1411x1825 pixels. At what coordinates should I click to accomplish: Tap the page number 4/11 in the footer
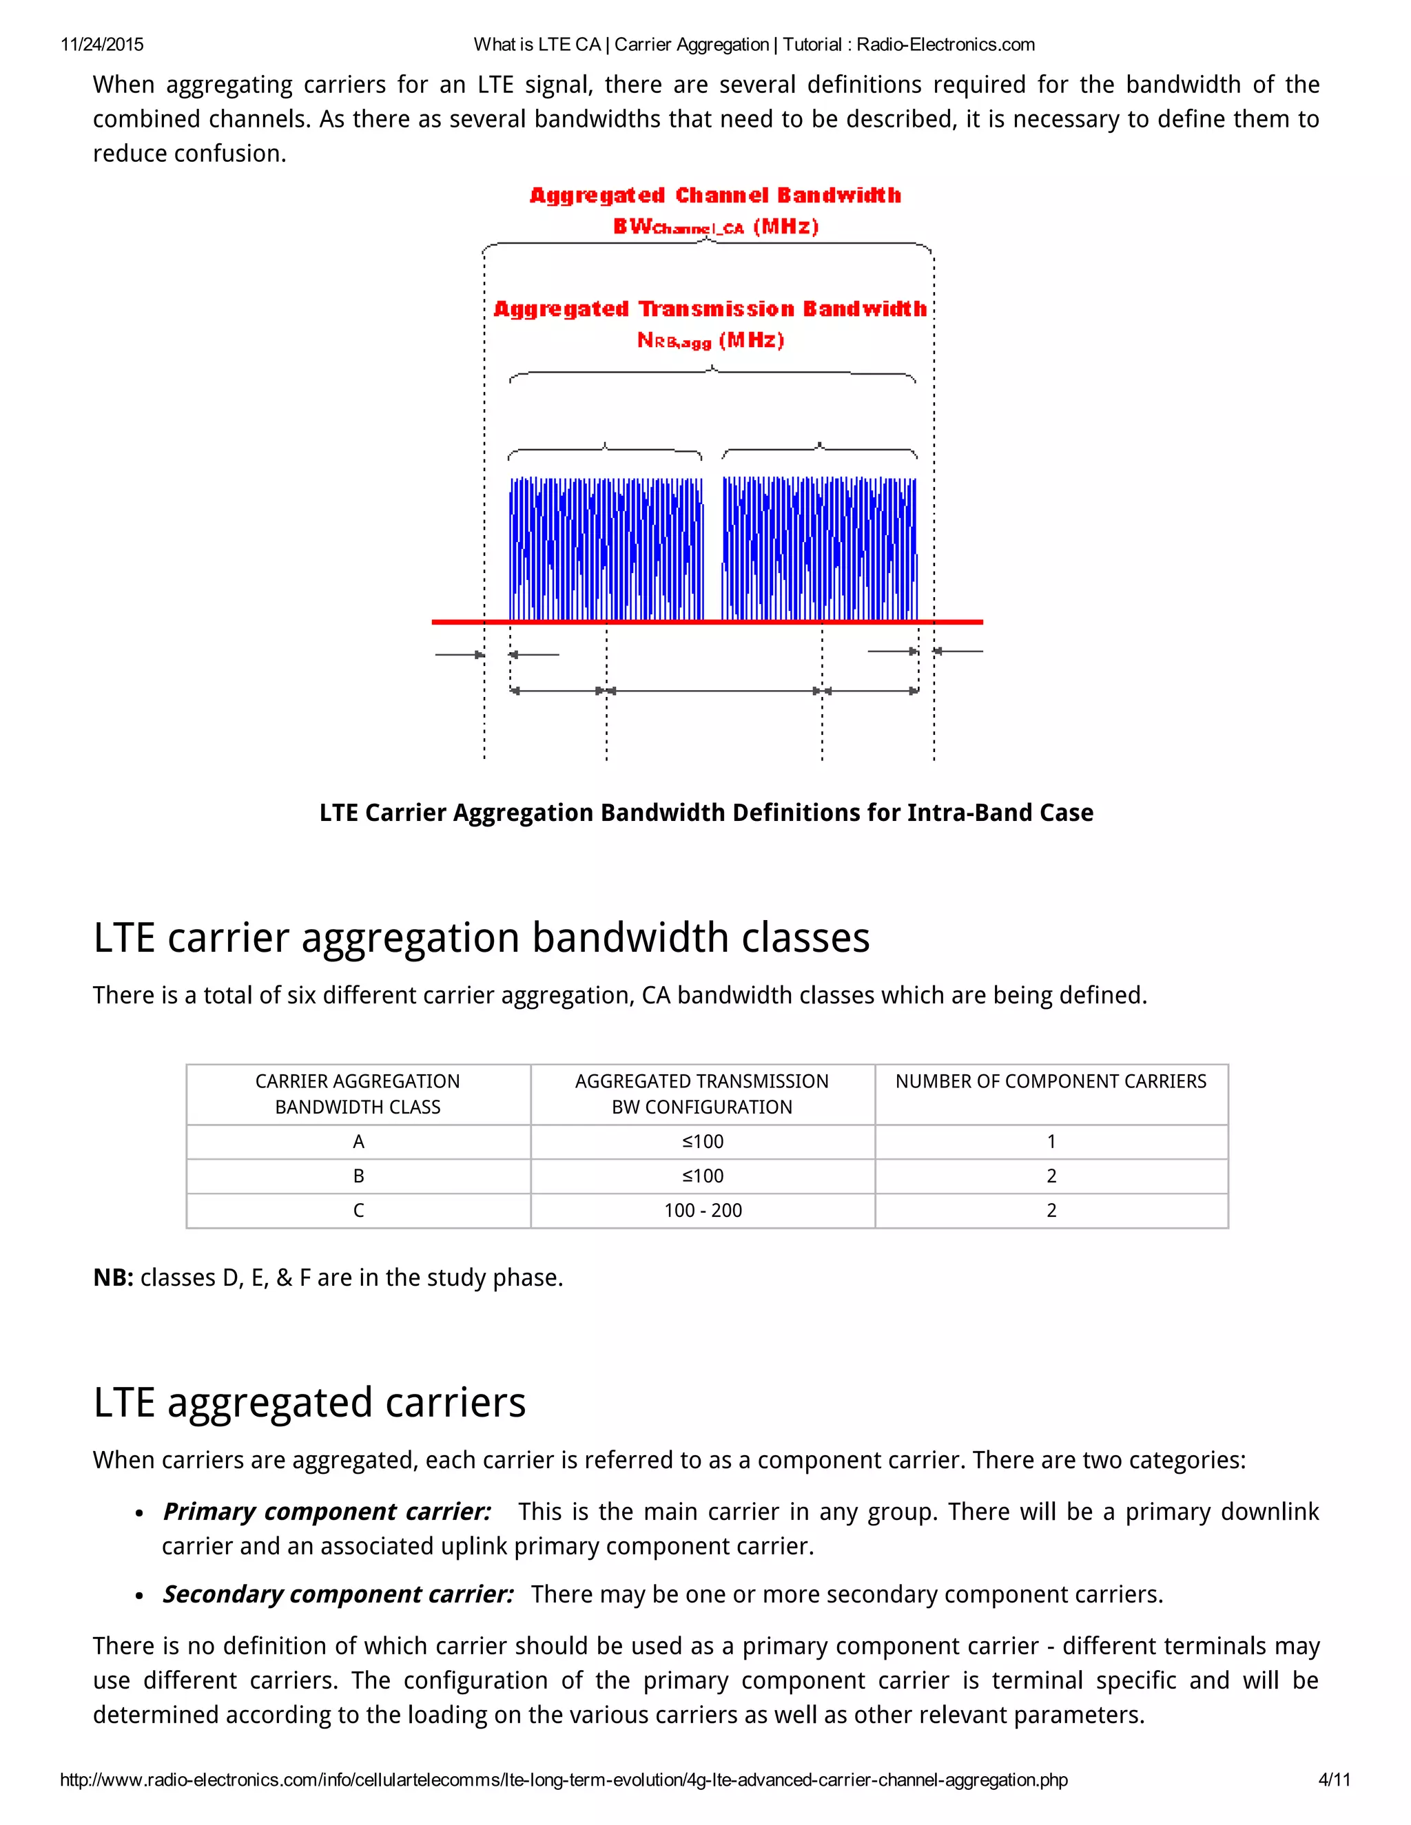click(1334, 1780)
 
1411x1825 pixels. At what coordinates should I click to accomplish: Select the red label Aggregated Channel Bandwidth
click(716, 196)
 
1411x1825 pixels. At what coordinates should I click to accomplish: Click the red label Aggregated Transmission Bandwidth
click(710, 309)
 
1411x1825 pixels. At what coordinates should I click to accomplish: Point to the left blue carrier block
click(606, 548)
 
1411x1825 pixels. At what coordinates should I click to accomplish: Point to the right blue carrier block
click(819, 548)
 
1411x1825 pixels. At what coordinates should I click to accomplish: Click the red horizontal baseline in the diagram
click(706, 622)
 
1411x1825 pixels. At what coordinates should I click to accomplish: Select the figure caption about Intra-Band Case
click(706, 813)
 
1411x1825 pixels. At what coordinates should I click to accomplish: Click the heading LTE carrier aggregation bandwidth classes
click(482, 937)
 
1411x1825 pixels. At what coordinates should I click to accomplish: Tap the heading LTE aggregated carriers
click(309, 1402)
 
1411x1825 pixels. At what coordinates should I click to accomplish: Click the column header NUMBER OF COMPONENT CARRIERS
click(1051, 1081)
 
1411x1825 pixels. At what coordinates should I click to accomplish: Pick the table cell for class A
click(358, 1141)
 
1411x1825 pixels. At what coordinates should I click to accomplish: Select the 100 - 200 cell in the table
click(703, 1210)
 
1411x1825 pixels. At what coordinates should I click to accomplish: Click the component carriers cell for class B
click(1051, 1176)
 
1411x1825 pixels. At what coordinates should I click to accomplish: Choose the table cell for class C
click(358, 1210)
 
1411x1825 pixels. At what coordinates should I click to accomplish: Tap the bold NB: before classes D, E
click(114, 1277)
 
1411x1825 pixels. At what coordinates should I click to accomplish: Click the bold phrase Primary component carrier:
click(327, 1512)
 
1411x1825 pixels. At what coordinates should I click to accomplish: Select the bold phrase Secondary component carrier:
click(338, 1594)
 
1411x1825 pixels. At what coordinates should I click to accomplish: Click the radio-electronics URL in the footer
click(564, 1780)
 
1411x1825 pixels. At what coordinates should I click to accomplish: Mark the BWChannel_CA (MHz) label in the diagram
click(716, 227)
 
